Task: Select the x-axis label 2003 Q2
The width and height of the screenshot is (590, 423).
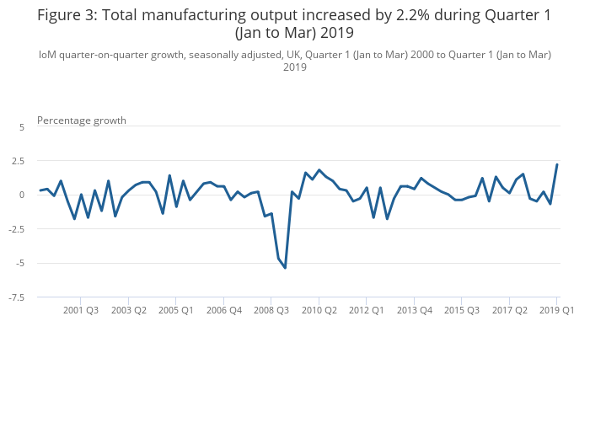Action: point(129,310)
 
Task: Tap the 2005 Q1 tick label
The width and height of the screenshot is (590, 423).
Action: point(176,310)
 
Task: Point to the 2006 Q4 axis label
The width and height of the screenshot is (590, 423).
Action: point(224,310)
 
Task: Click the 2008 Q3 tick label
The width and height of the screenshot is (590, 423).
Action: point(271,310)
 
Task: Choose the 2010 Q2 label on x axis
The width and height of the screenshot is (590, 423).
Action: point(319,310)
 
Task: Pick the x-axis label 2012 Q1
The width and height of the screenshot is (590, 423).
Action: point(367,310)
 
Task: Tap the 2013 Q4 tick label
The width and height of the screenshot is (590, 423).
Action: point(415,310)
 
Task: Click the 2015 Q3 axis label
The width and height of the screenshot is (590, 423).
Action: point(462,310)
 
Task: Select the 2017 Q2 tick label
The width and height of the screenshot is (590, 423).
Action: point(510,310)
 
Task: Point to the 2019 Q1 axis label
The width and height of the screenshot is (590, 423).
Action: point(556,310)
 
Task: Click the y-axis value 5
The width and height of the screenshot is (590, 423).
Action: point(22,126)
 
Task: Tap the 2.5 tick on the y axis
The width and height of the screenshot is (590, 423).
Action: point(19,161)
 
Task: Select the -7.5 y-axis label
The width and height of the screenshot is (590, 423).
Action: point(17,297)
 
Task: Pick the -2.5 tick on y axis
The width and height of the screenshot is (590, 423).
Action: point(17,229)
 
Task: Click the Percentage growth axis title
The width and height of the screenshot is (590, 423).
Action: point(82,120)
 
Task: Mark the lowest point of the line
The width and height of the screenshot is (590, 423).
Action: point(285,268)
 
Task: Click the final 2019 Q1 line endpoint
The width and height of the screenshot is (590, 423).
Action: point(557,164)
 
